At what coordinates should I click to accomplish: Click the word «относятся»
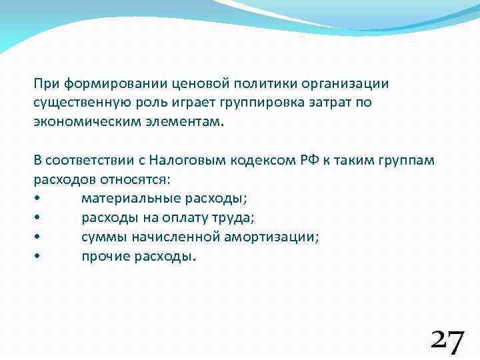click(x=140, y=179)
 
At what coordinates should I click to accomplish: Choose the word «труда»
click(x=235, y=218)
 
